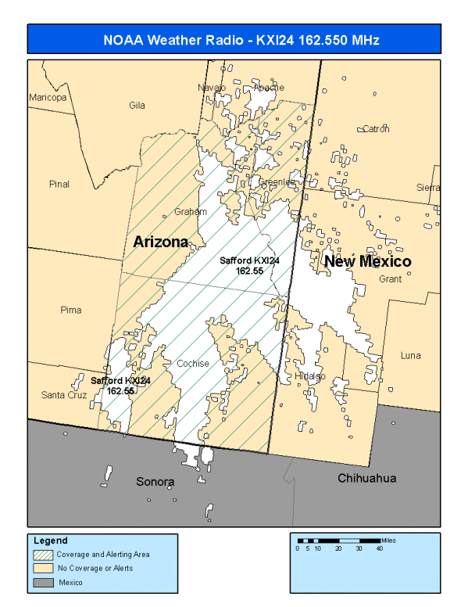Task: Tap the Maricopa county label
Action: pyautogui.click(x=48, y=98)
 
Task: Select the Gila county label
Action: pyautogui.click(x=138, y=105)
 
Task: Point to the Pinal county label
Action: pyautogui.click(x=59, y=185)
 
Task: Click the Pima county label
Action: pyautogui.click(x=70, y=311)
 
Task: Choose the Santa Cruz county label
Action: pyautogui.click(x=64, y=396)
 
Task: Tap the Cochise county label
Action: pyautogui.click(x=192, y=364)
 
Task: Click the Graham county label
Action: pyautogui.click(x=191, y=212)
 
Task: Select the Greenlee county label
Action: pyautogui.click(x=277, y=181)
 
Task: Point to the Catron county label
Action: pyautogui.click(x=376, y=129)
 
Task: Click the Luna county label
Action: pyautogui.click(x=410, y=356)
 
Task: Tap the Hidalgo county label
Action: pyautogui.click(x=311, y=376)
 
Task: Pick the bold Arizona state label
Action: pyautogui.click(x=160, y=242)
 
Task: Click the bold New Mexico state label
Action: pyautogui.click(x=367, y=261)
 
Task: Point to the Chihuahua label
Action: pyautogui.click(x=367, y=478)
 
